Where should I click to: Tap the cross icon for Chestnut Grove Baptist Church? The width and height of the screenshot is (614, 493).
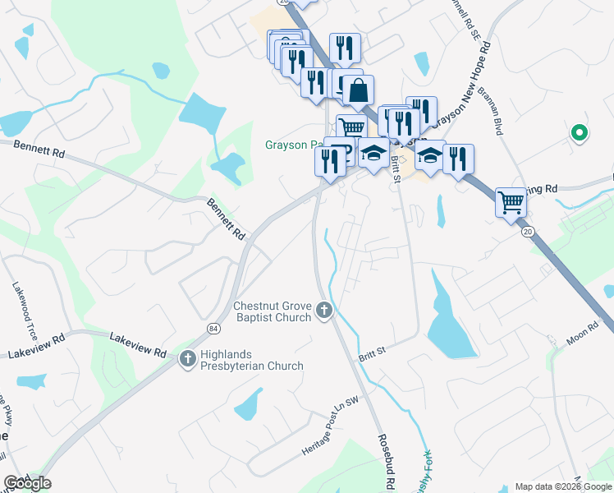coord(324,311)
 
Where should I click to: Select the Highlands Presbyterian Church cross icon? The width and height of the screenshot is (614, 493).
coord(188,359)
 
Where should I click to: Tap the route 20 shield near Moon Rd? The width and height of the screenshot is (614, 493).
coord(527,233)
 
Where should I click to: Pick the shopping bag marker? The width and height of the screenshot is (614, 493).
coord(359,90)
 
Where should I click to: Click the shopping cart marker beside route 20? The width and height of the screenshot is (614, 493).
coord(511,201)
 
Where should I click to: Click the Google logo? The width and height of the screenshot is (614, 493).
coord(27,483)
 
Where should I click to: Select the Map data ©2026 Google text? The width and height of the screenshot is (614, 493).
coord(563,486)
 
